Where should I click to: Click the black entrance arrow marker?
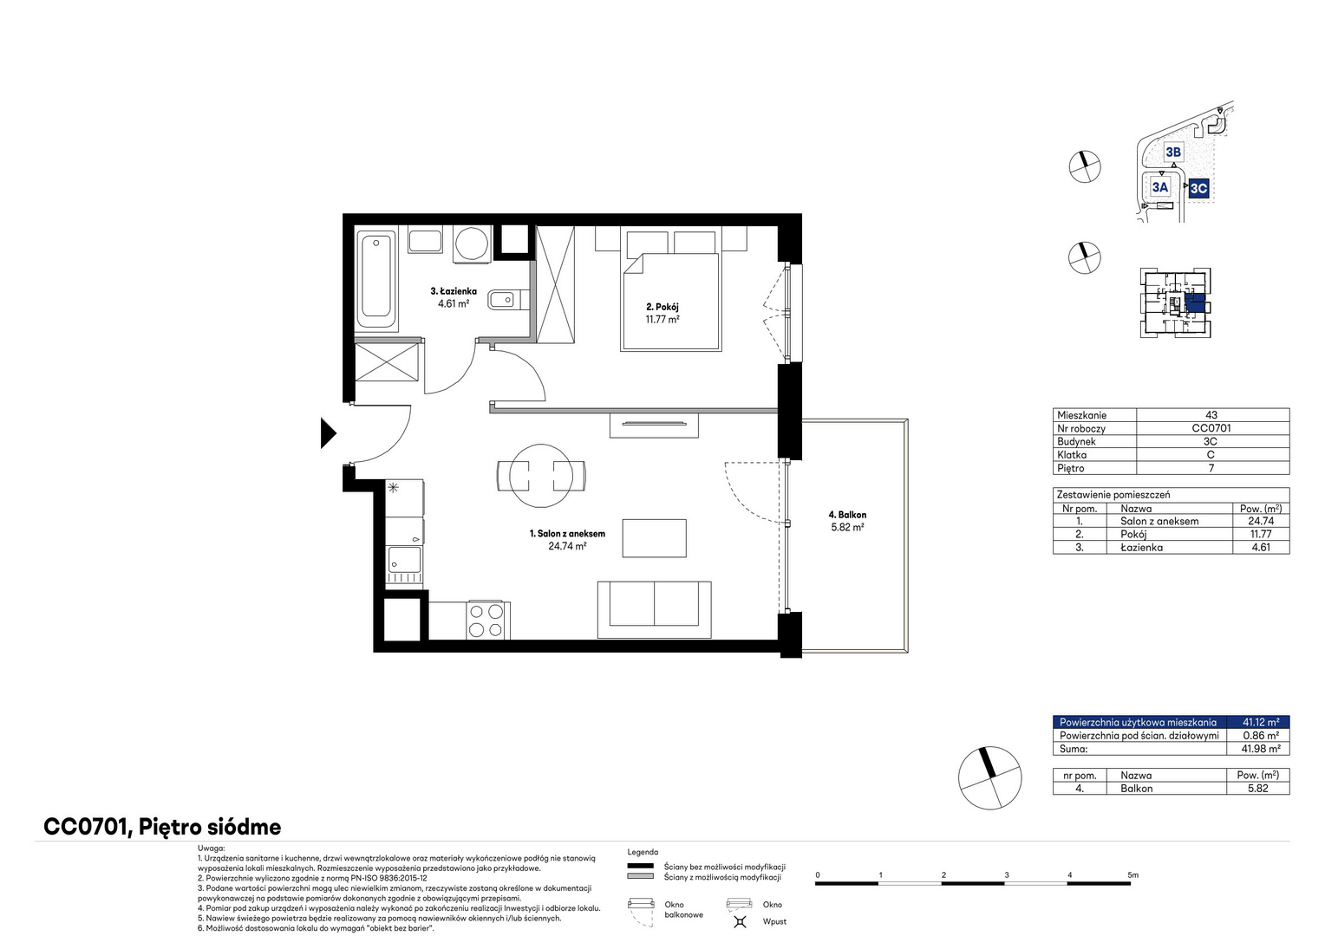tap(329, 433)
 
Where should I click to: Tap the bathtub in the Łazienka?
tap(376, 279)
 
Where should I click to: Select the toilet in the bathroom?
tap(508, 300)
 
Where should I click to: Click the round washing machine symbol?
tap(472, 243)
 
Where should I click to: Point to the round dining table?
tap(541, 476)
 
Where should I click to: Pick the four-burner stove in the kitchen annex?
tap(486, 620)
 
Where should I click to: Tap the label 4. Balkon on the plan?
tap(847, 515)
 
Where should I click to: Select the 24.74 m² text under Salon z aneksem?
tap(567, 546)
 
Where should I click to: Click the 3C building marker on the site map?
tap(1198, 188)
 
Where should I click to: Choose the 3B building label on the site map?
tap(1173, 152)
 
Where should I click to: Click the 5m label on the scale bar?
tap(1132, 875)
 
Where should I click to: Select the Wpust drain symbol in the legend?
tap(740, 921)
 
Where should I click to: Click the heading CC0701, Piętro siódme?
tap(163, 827)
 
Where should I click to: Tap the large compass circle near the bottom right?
tap(989, 778)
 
